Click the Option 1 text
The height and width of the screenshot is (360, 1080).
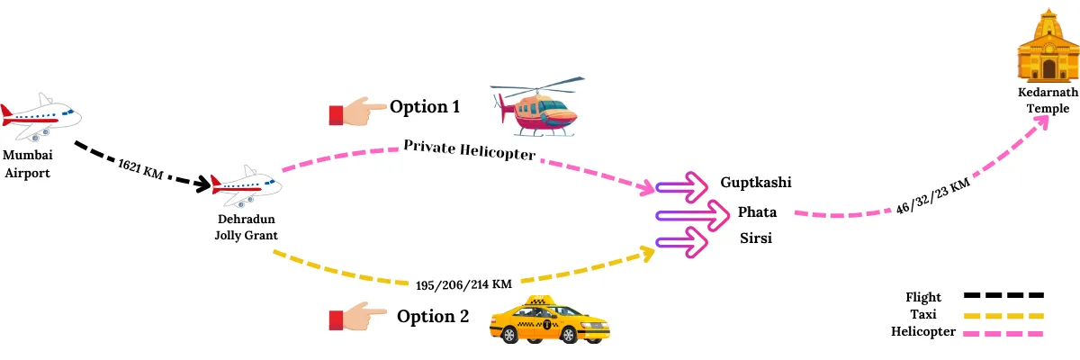point(425,107)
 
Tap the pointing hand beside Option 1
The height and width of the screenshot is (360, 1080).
point(355,112)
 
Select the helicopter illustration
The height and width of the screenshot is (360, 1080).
point(533,110)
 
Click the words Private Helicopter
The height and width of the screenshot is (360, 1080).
point(469,149)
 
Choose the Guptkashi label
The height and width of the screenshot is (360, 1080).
point(756,183)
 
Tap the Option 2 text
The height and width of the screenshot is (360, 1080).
point(433,316)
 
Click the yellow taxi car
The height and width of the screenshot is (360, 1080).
point(548,320)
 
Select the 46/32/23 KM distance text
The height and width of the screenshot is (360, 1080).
point(932,196)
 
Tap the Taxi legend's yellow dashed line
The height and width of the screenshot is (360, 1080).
point(1003,315)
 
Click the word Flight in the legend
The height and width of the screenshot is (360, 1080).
point(924,297)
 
